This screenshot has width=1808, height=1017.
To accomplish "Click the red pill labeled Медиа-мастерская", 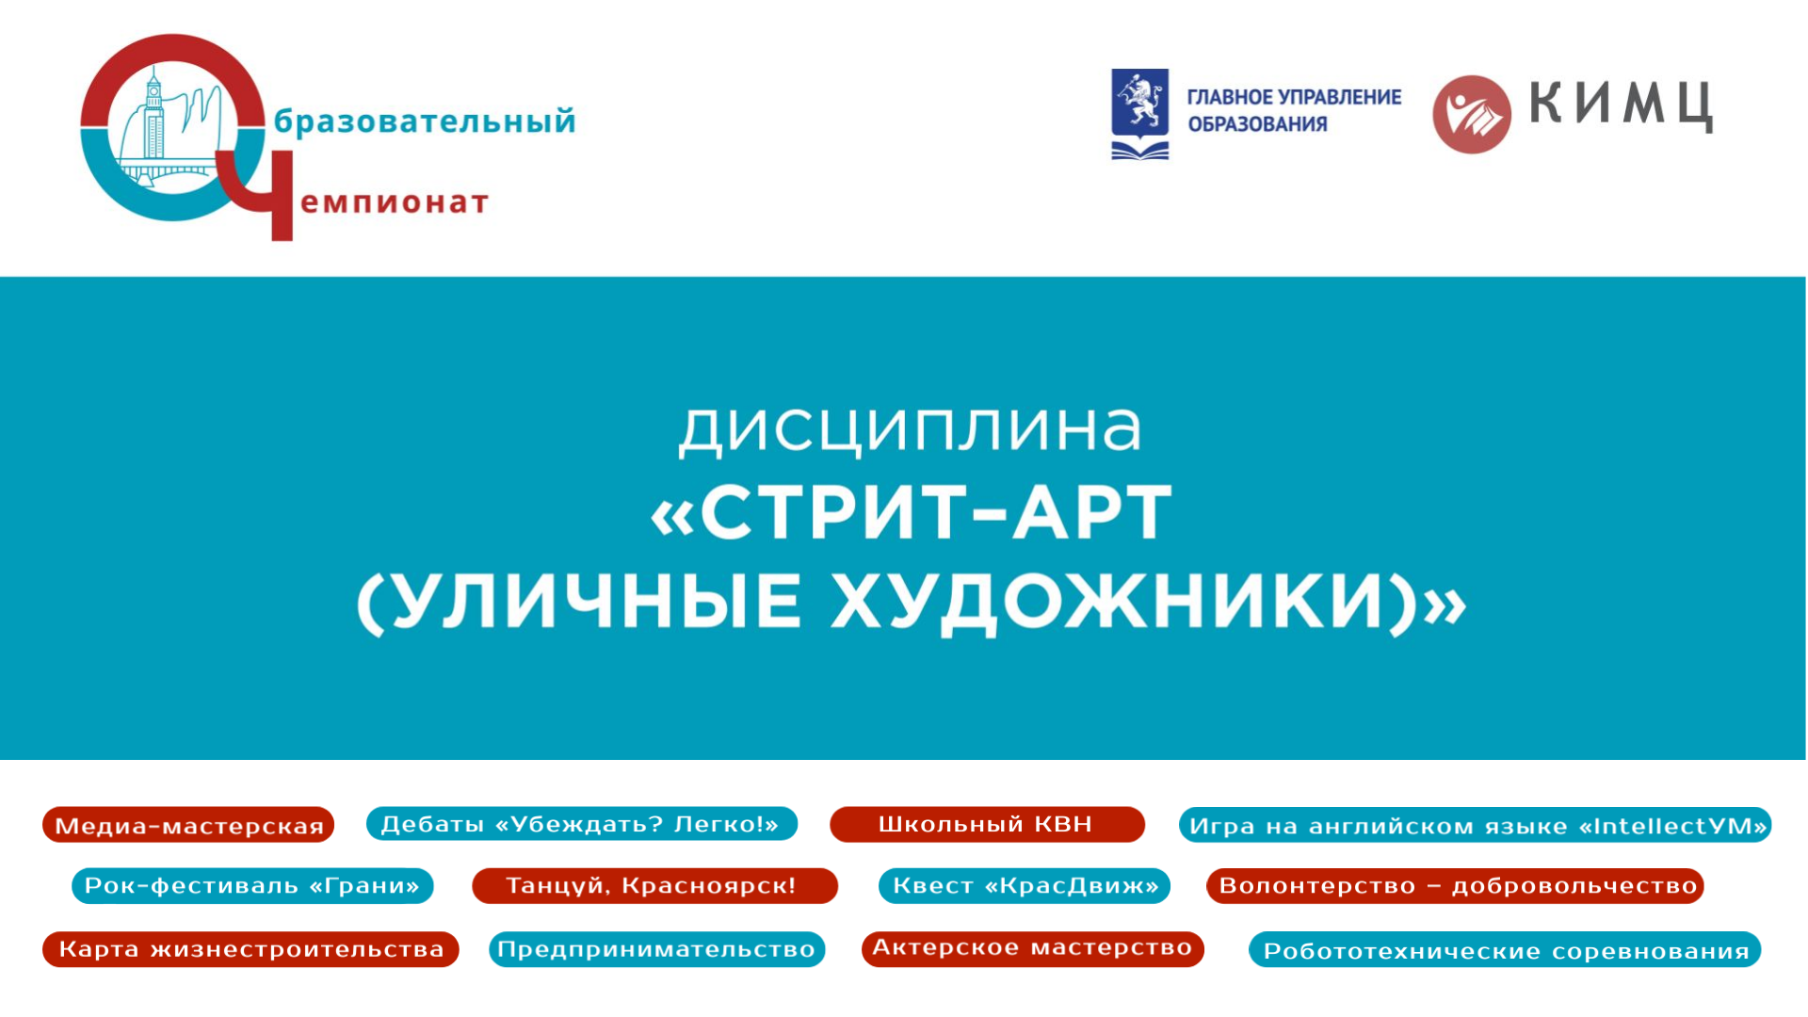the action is pyautogui.click(x=188, y=825).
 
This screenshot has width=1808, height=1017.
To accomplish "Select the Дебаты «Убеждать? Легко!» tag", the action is pyautogui.click(x=581, y=823).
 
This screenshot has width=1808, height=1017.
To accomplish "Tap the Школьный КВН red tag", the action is pyautogui.click(x=987, y=824).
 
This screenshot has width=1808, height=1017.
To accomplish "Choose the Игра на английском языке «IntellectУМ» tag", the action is pyautogui.click(x=1476, y=825).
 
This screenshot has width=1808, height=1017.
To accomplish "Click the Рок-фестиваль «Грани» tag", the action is pyautogui.click(x=252, y=885).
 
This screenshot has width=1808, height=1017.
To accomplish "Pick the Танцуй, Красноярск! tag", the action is pyautogui.click(x=654, y=885).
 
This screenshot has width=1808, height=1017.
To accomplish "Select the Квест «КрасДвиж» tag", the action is pyautogui.click(x=1025, y=885).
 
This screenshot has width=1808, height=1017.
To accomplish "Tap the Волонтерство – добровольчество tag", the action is pyautogui.click(x=1455, y=885).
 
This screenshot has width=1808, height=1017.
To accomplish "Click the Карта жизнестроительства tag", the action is pyautogui.click(x=250, y=948).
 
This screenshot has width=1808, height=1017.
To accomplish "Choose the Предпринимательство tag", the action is pyautogui.click(x=656, y=948).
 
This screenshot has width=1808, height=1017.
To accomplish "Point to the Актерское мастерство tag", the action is pyautogui.click(x=1033, y=947).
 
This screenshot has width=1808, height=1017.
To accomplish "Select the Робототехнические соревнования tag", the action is pyautogui.click(x=1505, y=949).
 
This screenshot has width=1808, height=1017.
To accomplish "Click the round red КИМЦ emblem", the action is pyautogui.click(x=1472, y=114).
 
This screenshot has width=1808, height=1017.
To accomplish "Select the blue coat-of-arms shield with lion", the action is pyautogui.click(x=1140, y=103).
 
